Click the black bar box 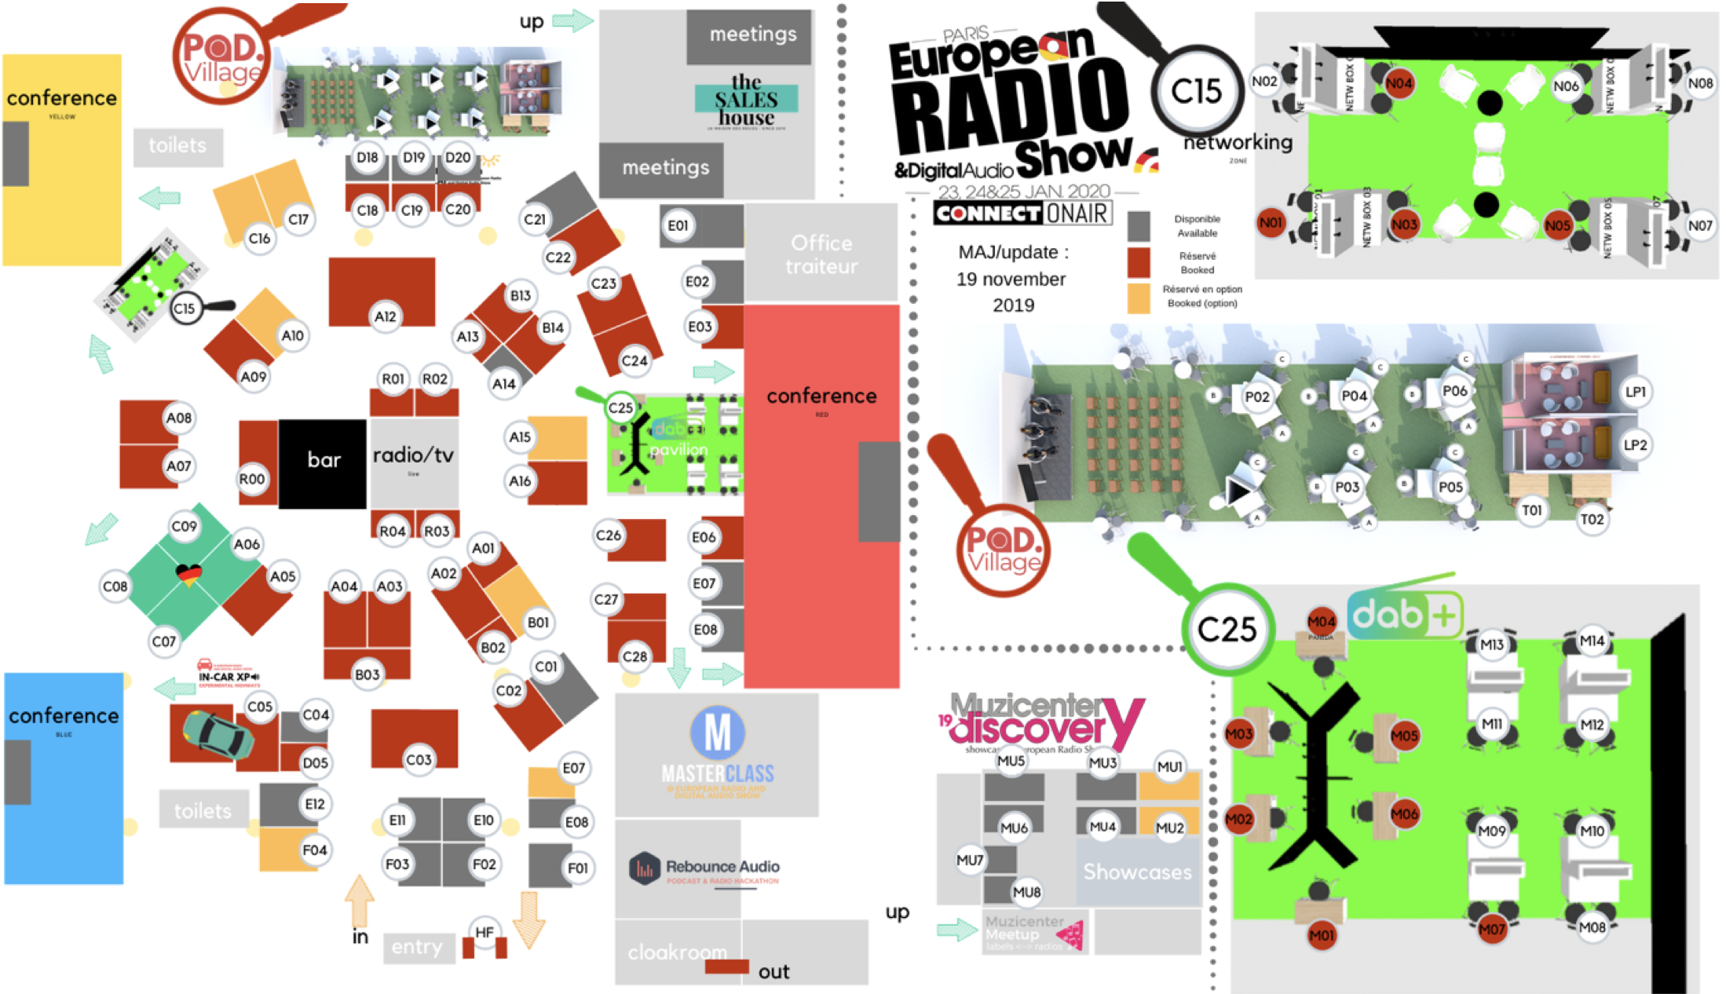(323, 461)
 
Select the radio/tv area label (413, 455)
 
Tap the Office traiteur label (821, 254)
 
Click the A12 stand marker (385, 316)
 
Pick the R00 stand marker (252, 479)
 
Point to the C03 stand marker (419, 759)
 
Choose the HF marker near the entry (485, 932)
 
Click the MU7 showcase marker (970, 860)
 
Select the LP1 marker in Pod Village (1636, 392)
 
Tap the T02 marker (1592, 519)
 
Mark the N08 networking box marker (1700, 83)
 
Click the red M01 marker (1322, 935)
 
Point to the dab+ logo (1404, 615)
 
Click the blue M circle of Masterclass (718, 733)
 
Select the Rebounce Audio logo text (722, 867)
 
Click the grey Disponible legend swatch (1139, 226)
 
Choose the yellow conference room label (62, 99)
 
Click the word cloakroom (677, 952)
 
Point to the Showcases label (1137, 872)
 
